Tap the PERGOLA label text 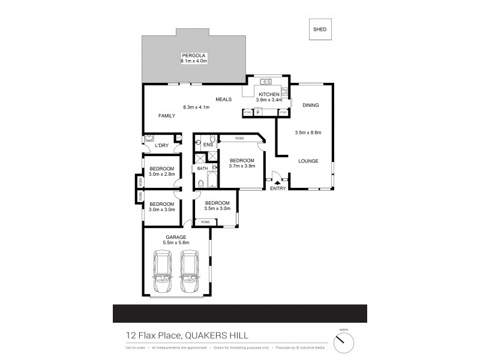click(x=194, y=55)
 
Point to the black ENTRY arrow click(x=277, y=183)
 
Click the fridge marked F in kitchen click(x=258, y=112)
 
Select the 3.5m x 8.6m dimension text click(x=308, y=133)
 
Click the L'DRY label click(x=160, y=146)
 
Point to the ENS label click(x=208, y=145)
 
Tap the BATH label click(x=202, y=169)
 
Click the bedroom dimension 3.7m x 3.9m click(x=242, y=166)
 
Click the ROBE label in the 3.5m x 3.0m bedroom click(x=205, y=222)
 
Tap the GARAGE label click(x=176, y=237)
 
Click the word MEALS click(x=224, y=99)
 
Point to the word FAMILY click(x=167, y=116)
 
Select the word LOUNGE click(x=308, y=161)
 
